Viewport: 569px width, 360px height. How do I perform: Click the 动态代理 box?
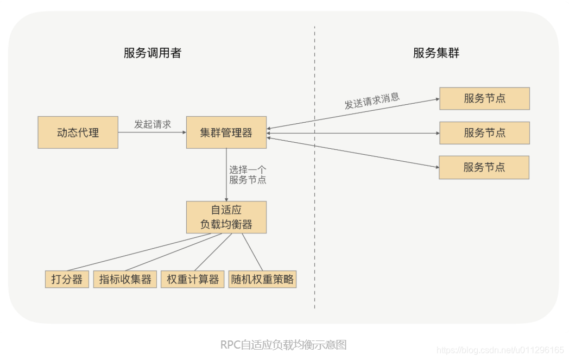(x=78, y=132)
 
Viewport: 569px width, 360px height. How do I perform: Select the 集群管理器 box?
(x=226, y=132)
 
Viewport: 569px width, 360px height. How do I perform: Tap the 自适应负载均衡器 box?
(x=226, y=217)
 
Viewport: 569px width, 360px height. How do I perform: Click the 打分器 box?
(x=67, y=280)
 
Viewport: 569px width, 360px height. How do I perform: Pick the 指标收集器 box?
(x=125, y=280)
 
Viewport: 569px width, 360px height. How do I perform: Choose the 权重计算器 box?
(x=193, y=280)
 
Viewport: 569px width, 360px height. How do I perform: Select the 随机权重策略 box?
(x=262, y=280)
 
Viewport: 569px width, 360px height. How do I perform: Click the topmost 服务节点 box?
(x=484, y=98)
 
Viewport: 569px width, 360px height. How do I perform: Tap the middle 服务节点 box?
(x=484, y=132)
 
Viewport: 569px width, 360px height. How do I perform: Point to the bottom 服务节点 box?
(x=484, y=167)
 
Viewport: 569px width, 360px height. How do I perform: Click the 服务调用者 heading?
(x=152, y=53)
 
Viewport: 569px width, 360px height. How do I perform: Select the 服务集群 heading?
(x=436, y=53)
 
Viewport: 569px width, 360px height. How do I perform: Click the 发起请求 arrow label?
(x=153, y=124)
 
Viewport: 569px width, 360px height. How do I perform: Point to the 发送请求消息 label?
(x=372, y=100)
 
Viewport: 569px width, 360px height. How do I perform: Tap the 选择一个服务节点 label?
(x=248, y=174)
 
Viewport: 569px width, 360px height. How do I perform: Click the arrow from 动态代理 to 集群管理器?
(x=152, y=132)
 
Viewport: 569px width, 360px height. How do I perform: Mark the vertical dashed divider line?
(x=314, y=163)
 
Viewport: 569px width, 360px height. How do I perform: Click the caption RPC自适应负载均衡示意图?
(x=283, y=344)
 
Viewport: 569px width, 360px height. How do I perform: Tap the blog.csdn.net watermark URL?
(x=500, y=350)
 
